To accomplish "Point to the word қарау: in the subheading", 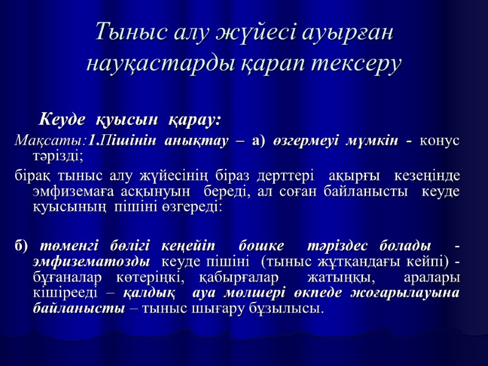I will tap(195, 117).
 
